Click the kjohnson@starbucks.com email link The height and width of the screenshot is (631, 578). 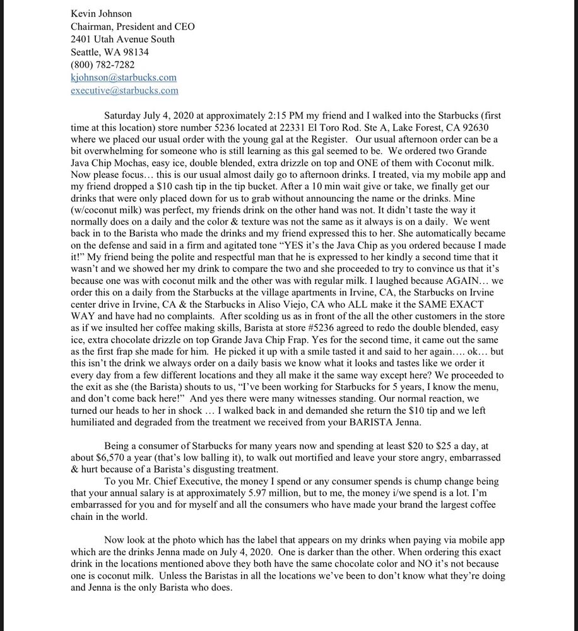point(124,77)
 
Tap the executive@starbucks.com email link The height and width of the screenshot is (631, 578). point(124,90)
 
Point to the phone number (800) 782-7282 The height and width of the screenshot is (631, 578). point(102,64)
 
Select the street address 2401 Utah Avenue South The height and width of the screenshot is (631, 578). point(123,39)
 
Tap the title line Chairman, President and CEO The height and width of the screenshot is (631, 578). point(133,27)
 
